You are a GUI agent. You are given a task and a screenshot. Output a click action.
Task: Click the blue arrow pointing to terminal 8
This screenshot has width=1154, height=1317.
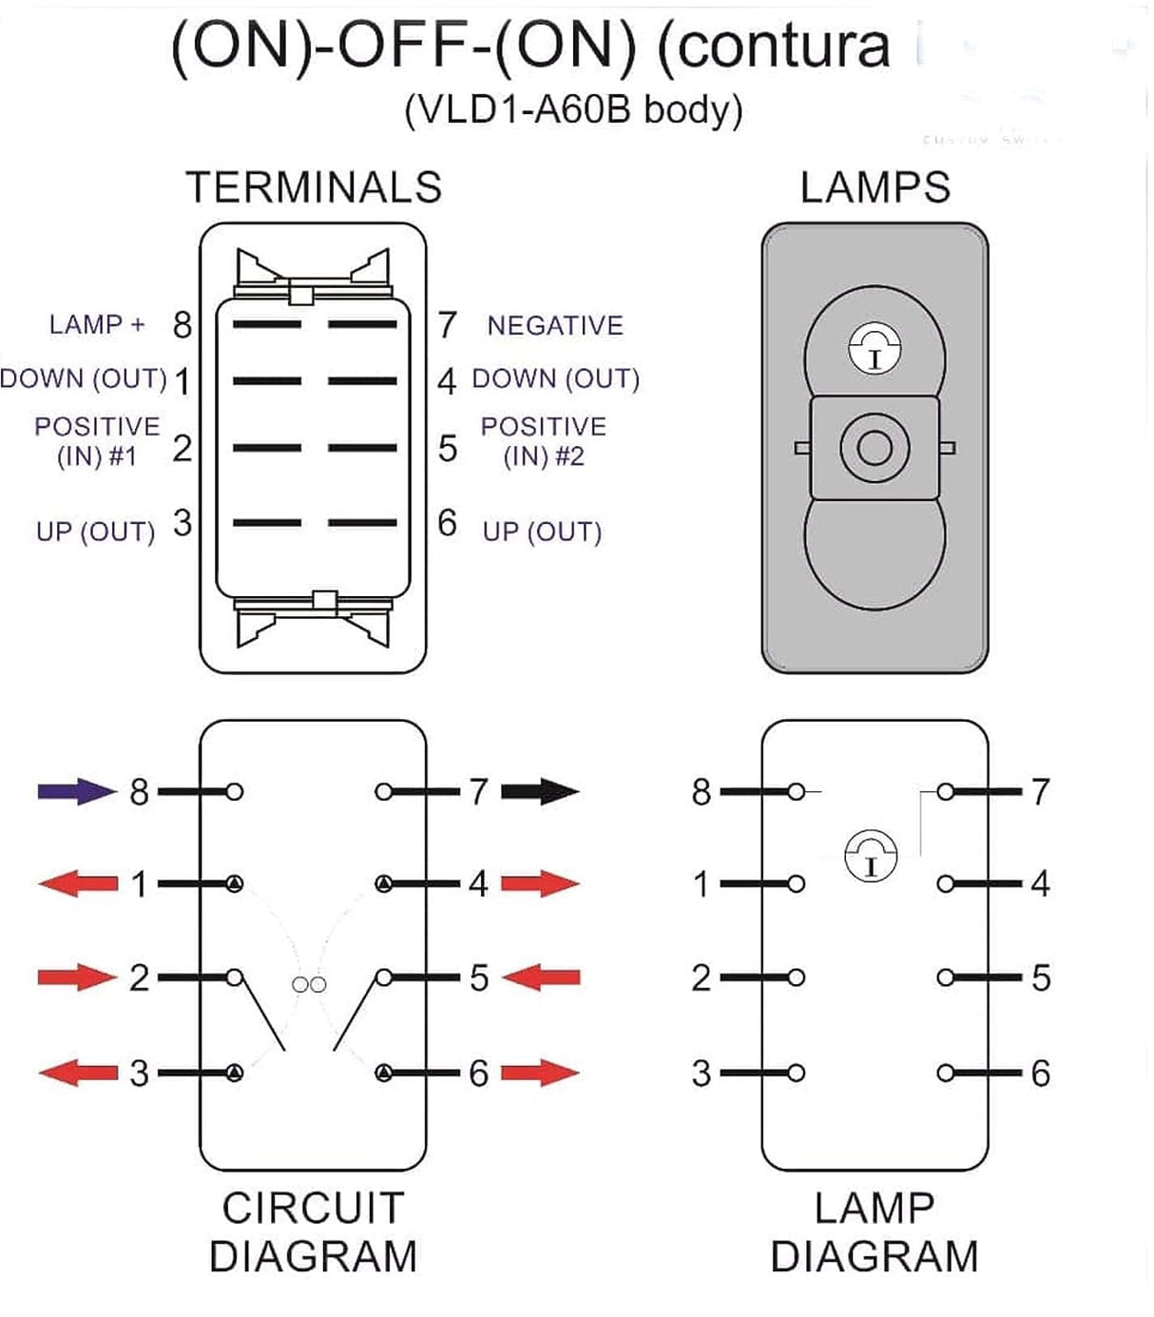(76, 790)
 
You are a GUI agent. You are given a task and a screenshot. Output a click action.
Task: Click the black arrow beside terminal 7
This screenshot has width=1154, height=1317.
(540, 790)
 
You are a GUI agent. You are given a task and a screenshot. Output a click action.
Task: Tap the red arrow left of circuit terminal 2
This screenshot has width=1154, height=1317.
(76, 977)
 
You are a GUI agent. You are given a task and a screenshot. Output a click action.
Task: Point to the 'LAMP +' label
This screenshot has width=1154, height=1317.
(97, 324)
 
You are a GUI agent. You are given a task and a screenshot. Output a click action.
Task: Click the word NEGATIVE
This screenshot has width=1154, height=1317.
(555, 325)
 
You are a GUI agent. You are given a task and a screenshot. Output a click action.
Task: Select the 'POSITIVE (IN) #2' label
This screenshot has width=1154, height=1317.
(543, 441)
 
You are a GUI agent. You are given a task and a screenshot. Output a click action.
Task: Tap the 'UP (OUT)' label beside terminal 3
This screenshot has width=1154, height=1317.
(95, 531)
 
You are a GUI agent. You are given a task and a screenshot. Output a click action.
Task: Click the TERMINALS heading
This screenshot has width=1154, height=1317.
(314, 187)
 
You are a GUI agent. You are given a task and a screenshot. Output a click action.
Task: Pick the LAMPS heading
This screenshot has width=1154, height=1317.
(875, 187)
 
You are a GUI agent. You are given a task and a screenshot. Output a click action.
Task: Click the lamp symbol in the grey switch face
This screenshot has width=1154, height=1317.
(874, 348)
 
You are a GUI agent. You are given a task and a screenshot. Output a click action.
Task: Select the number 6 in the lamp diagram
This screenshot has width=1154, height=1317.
(1041, 1073)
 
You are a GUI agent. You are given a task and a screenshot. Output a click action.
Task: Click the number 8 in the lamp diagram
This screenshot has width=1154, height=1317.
(702, 791)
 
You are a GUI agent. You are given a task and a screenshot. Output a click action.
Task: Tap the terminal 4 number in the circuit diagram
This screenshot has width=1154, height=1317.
(478, 883)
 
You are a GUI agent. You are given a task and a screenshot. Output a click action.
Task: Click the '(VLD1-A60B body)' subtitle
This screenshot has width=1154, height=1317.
(573, 109)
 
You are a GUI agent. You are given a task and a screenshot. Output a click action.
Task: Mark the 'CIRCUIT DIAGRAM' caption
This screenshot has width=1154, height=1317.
(313, 1232)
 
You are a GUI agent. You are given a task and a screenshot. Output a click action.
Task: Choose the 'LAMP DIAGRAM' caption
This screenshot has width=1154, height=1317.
(874, 1232)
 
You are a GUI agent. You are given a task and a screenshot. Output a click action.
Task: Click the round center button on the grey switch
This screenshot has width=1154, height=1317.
(874, 447)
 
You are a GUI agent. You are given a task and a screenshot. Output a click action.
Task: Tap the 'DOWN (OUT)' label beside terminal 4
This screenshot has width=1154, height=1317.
(555, 378)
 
